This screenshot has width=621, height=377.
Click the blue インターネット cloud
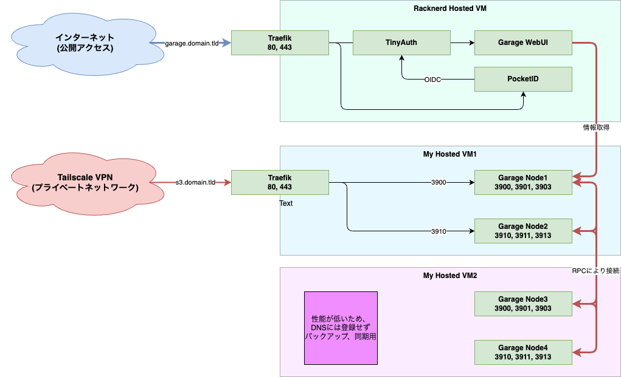(x=85, y=43)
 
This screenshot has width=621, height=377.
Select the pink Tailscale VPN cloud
(x=85, y=182)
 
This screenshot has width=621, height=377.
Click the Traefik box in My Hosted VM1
(x=280, y=182)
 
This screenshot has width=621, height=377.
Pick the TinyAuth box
(x=401, y=42)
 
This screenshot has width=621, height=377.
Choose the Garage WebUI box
(x=523, y=42)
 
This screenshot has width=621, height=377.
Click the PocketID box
(x=523, y=79)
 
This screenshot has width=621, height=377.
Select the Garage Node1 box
(x=523, y=182)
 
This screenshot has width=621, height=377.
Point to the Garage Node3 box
(x=523, y=304)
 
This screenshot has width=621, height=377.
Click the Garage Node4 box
(x=523, y=352)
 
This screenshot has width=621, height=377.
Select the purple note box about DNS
(x=341, y=328)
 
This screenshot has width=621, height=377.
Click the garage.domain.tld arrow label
(x=192, y=43)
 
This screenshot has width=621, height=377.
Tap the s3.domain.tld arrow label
(x=195, y=182)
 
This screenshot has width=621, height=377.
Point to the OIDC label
(x=432, y=80)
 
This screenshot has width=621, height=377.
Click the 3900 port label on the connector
(x=439, y=182)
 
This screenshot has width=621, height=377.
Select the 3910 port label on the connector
(x=439, y=231)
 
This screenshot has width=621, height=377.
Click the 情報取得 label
(x=595, y=128)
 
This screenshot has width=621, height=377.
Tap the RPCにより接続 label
(x=595, y=271)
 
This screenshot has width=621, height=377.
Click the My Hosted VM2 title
(x=449, y=276)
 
